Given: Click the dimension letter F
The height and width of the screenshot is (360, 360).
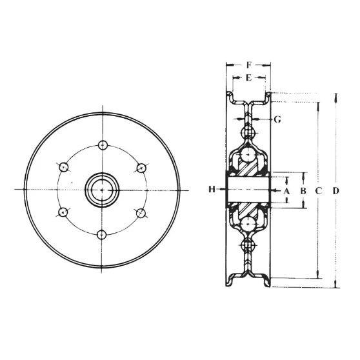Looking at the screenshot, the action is point(249,65).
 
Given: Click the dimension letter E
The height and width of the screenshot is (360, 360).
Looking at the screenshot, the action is point(249,78).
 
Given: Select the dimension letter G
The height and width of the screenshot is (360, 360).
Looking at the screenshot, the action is point(277,119).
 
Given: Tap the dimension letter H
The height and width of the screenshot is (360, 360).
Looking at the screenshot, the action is point(212,190).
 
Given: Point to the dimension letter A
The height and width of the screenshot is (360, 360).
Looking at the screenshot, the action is point(286,191).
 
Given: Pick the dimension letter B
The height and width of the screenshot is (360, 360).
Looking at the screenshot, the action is point(303,191).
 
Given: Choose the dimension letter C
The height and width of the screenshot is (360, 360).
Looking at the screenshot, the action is point(319,191).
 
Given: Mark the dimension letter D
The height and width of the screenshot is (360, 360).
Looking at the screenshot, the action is point(335,191).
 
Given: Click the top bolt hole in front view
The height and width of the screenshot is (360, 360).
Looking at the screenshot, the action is point(103,145).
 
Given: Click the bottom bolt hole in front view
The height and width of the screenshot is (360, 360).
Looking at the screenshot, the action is point(101,235).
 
